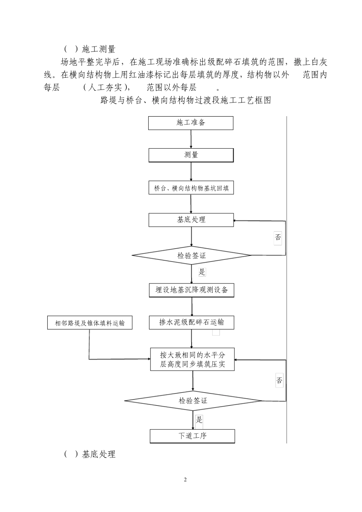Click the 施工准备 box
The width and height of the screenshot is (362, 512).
(191, 123)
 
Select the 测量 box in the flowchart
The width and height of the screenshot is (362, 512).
(191, 155)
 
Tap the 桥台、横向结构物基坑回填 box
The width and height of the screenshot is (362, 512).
(191, 188)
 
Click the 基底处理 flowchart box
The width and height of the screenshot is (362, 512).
(191, 220)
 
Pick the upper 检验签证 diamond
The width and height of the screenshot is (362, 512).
(191, 256)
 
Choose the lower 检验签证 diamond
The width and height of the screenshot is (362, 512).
(193, 401)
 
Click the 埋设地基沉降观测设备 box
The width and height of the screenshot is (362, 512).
(192, 290)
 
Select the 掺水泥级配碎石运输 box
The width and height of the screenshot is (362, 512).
(192, 323)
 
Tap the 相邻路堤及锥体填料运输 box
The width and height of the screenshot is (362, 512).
(90, 323)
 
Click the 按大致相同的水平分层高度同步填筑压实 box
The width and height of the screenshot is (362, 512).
(192, 359)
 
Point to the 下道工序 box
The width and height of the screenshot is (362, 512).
(192, 436)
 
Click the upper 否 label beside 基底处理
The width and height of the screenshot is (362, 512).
(278, 238)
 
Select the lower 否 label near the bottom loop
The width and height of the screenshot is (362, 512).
(279, 380)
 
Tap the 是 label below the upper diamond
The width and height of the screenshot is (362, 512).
(202, 272)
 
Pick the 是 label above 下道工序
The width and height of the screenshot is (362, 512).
(199, 420)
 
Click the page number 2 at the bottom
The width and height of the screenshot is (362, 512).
(186, 479)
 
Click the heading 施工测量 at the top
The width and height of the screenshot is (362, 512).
(98, 49)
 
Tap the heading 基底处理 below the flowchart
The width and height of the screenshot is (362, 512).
(98, 454)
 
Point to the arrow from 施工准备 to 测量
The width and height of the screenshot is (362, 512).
(191, 139)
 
